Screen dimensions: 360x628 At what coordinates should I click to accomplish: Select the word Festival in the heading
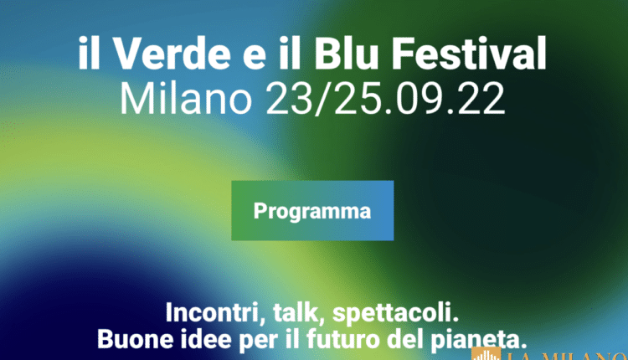pos(471,54)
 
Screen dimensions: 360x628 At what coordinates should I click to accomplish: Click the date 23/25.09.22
pos(385,99)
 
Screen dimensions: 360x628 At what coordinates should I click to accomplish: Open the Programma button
pos(312,210)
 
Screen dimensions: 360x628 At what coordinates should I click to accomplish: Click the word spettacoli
pos(397,316)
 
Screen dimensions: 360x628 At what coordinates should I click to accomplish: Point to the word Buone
pos(133,340)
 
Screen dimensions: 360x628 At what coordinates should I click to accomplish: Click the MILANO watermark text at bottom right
pos(569,354)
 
